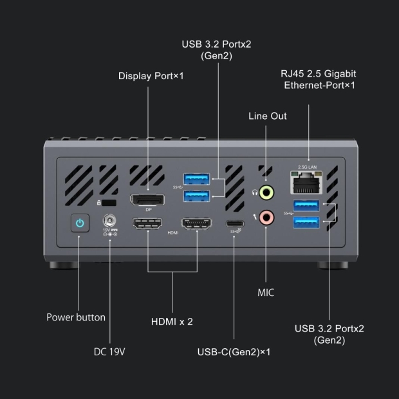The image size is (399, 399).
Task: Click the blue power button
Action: pyautogui.click(x=79, y=223)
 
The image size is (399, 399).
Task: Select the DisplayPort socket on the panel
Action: pyautogui.click(x=147, y=199)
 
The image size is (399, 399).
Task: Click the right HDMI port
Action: pyautogui.click(x=197, y=224)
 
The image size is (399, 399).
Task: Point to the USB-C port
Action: pyautogui.click(x=234, y=225)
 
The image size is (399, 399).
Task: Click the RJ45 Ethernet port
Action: pyautogui.click(x=308, y=185)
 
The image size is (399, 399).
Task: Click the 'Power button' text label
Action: pyautogui.click(x=76, y=317)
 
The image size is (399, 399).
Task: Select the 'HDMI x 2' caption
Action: pyautogui.click(x=172, y=322)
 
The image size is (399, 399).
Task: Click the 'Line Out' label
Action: pyautogui.click(x=268, y=116)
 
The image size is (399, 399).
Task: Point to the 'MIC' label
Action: pyautogui.click(x=266, y=293)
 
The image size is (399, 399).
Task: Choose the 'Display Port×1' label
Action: pyautogui.click(x=151, y=76)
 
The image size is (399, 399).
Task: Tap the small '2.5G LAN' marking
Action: pyautogui.click(x=307, y=167)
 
